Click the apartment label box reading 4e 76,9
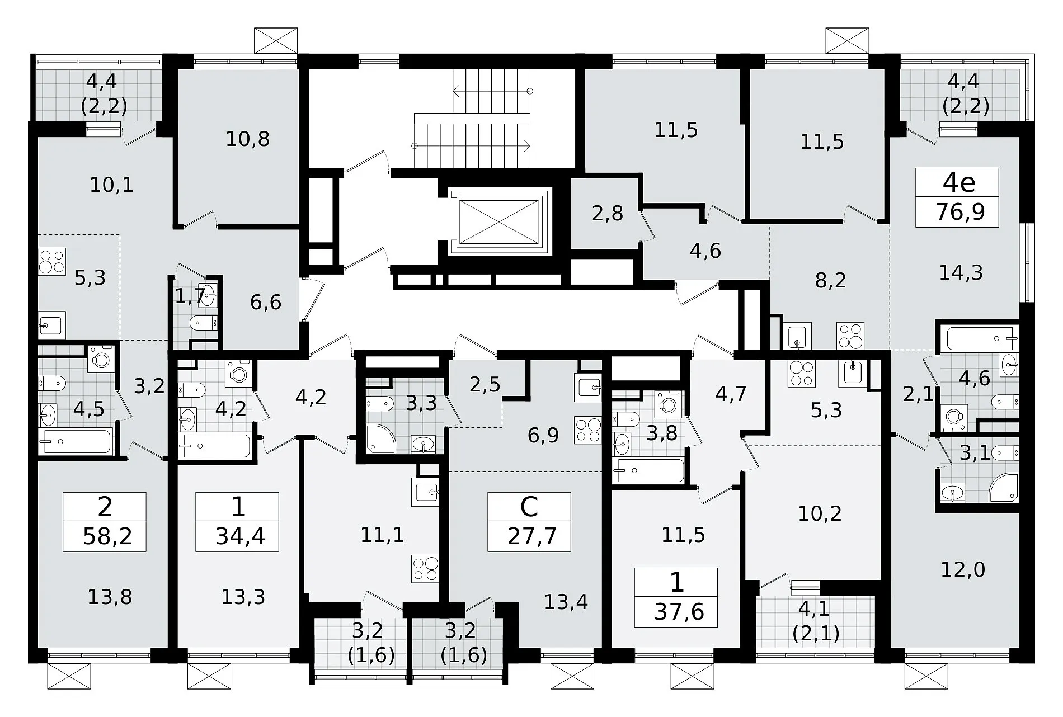click(957, 197)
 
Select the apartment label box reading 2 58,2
click(105, 522)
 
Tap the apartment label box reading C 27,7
click(529, 522)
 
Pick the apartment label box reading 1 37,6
click(676, 597)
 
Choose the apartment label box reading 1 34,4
click(237, 522)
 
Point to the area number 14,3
click(961, 273)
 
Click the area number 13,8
click(110, 597)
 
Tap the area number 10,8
click(248, 139)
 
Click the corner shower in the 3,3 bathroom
click(380, 439)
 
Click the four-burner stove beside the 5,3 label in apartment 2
click(52, 262)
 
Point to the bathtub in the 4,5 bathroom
click(76, 442)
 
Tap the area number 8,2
click(830, 280)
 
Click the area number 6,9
click(543, 435)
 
